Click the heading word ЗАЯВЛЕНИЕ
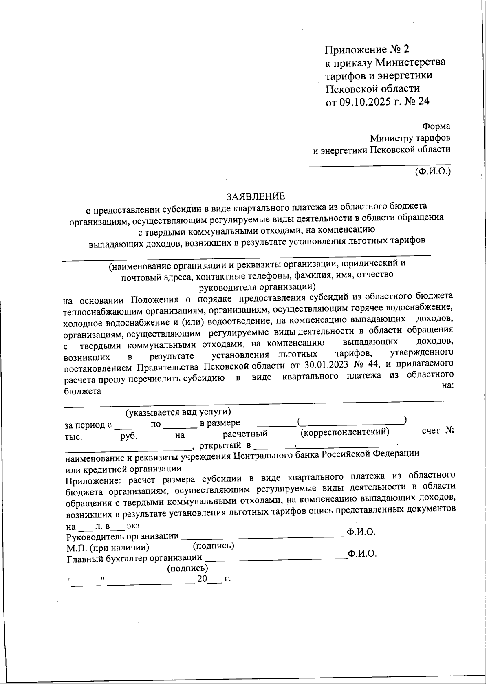[x=256, y=196]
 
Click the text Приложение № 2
[x=366, y=50]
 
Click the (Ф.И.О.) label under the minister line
[x=433, y=172]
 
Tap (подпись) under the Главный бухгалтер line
[x=187, y=568]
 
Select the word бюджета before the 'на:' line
[x=83, y=391]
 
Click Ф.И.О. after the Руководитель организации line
[x=361, y=532]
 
